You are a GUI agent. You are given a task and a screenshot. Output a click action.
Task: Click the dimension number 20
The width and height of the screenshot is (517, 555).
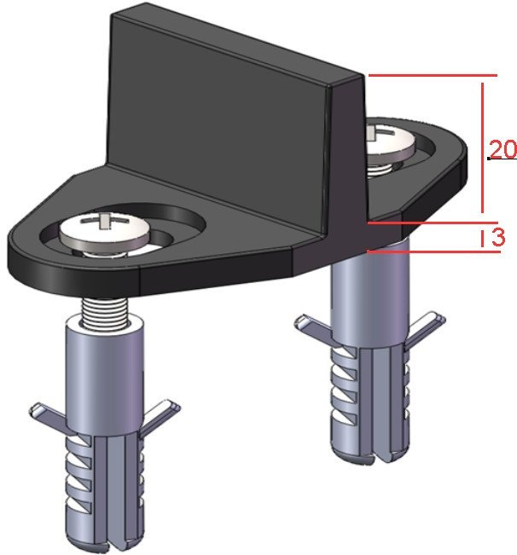pyautogui.click(x=502, y=149)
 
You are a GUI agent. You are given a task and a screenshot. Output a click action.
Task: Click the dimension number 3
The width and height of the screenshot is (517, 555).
pyautogui.click(x=498, y=237)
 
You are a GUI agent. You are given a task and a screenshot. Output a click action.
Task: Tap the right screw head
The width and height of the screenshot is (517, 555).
pyautogui.click(x=389, y=139)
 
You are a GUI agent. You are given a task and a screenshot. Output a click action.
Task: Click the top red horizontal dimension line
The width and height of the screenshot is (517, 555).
pyautogui.click(x=433, y=75)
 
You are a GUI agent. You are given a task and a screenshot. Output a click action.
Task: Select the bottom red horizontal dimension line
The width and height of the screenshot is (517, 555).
pyautogui.click(x=433, y=251)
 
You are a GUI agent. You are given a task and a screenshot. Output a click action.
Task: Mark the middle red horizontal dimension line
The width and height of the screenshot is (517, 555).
pyautogui.click(x=433, y=223)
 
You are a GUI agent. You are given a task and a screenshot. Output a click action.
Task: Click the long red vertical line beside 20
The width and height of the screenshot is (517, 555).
pyautogui.click(x=482, y=148)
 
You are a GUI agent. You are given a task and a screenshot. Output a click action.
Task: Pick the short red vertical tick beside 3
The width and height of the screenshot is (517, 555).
pyautogui.click(x=482, y=238)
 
